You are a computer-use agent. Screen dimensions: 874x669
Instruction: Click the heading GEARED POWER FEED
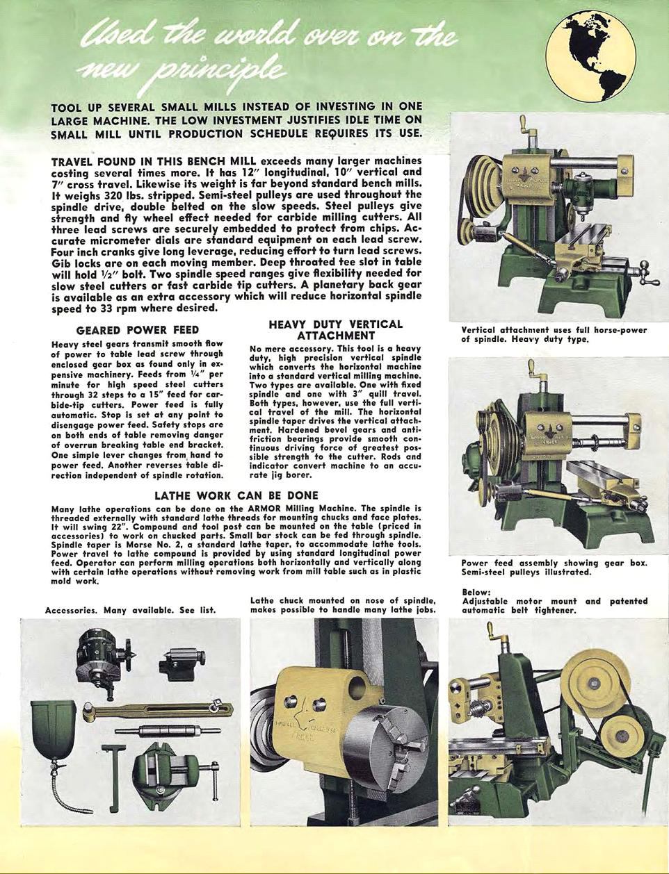tap(138, 330)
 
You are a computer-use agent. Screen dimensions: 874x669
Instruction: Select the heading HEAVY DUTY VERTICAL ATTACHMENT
tap(336, 329)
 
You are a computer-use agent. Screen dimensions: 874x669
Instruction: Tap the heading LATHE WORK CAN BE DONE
tap(236, 495)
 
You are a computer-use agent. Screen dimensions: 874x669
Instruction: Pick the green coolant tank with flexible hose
tap(55, 729)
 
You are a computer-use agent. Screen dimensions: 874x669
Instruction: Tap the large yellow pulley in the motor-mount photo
tap(593, 677)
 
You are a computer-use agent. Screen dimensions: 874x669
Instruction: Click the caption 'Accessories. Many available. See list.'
tap(130, 610)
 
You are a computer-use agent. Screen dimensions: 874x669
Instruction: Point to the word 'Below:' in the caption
tap(476, 592)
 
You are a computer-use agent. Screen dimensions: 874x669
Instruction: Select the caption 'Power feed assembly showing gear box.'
tap(554, 563)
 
